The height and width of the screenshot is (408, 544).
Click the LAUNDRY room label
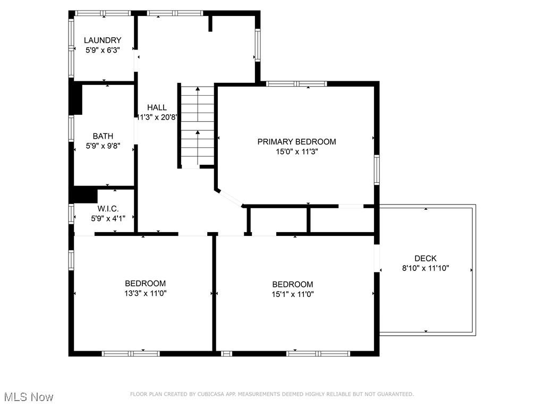click(103, 40)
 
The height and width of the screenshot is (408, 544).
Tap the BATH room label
click(103, 136)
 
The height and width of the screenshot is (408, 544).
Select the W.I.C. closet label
click(108, 209)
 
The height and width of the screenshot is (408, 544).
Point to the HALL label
click(157, 107)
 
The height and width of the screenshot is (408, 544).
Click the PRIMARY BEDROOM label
click(296, 142)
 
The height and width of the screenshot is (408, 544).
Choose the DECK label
click(426, 259)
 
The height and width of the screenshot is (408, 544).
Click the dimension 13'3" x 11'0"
click(145, 293)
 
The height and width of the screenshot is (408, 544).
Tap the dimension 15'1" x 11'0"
click(293, 294)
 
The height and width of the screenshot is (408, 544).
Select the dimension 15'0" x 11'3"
click(296, 151)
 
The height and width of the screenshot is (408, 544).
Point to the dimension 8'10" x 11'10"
click(426, 268)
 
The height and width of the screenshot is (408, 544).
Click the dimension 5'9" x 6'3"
click(103, 50)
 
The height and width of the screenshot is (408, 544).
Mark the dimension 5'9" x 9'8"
click(103, 146)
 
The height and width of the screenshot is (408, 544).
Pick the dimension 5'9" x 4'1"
click(108, 218)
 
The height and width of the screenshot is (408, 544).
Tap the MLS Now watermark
click(29, 397)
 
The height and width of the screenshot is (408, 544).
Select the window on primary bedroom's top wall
click(296, 83)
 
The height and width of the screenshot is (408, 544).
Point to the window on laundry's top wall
click(103, 13)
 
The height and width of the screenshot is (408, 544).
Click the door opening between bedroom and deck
click(377, 258)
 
